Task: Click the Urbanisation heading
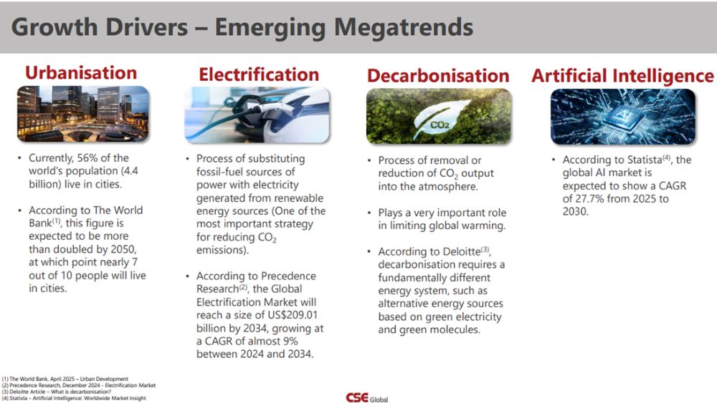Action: click(x=81, y=72)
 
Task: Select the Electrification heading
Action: click(x=259, y=74)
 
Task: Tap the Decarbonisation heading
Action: click(x=438, y=76)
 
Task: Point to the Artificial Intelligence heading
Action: click(x=622, y=76)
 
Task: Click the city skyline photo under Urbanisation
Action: click(x=82, y=113)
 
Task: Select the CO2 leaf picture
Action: click(x=438, y=117)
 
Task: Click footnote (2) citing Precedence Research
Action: click(x=78, y=385)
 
